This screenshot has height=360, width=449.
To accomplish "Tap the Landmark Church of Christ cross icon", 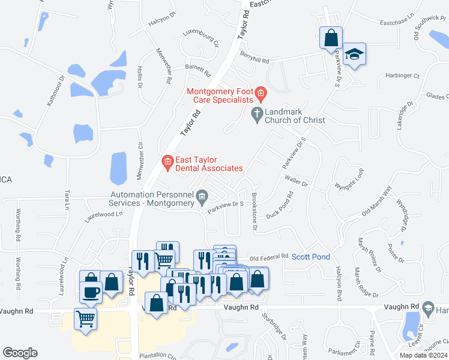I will tap(256, 113).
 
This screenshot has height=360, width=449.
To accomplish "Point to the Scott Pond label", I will tap(311, 257).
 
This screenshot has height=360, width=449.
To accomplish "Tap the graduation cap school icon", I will tap(355, 54).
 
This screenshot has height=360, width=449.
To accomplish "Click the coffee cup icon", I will tap(91, 292).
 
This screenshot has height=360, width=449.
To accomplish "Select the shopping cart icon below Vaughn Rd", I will tap(85, 318).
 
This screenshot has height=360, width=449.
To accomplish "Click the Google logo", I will tap(20, 353).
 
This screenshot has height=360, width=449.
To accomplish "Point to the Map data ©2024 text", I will tap(423, 355).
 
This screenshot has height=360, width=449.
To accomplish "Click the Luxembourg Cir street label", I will tap(202, 37).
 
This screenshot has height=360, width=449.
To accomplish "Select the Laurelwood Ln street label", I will tap(99, 214).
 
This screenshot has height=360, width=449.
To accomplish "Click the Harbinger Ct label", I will tap(403, 76).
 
